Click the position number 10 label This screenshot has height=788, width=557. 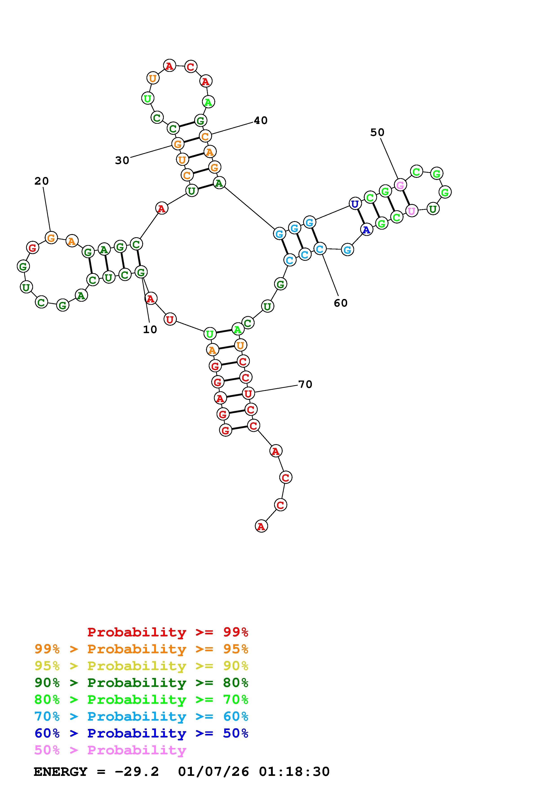pos(150,330)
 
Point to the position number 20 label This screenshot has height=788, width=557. pos(42,181)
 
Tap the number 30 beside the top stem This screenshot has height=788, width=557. pos(122,160)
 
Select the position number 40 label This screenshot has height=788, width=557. pos(261,120)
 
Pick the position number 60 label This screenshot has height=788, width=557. pos(341,303)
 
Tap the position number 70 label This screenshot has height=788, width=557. pos(305,384)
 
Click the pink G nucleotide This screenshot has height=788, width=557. pos(400,185)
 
